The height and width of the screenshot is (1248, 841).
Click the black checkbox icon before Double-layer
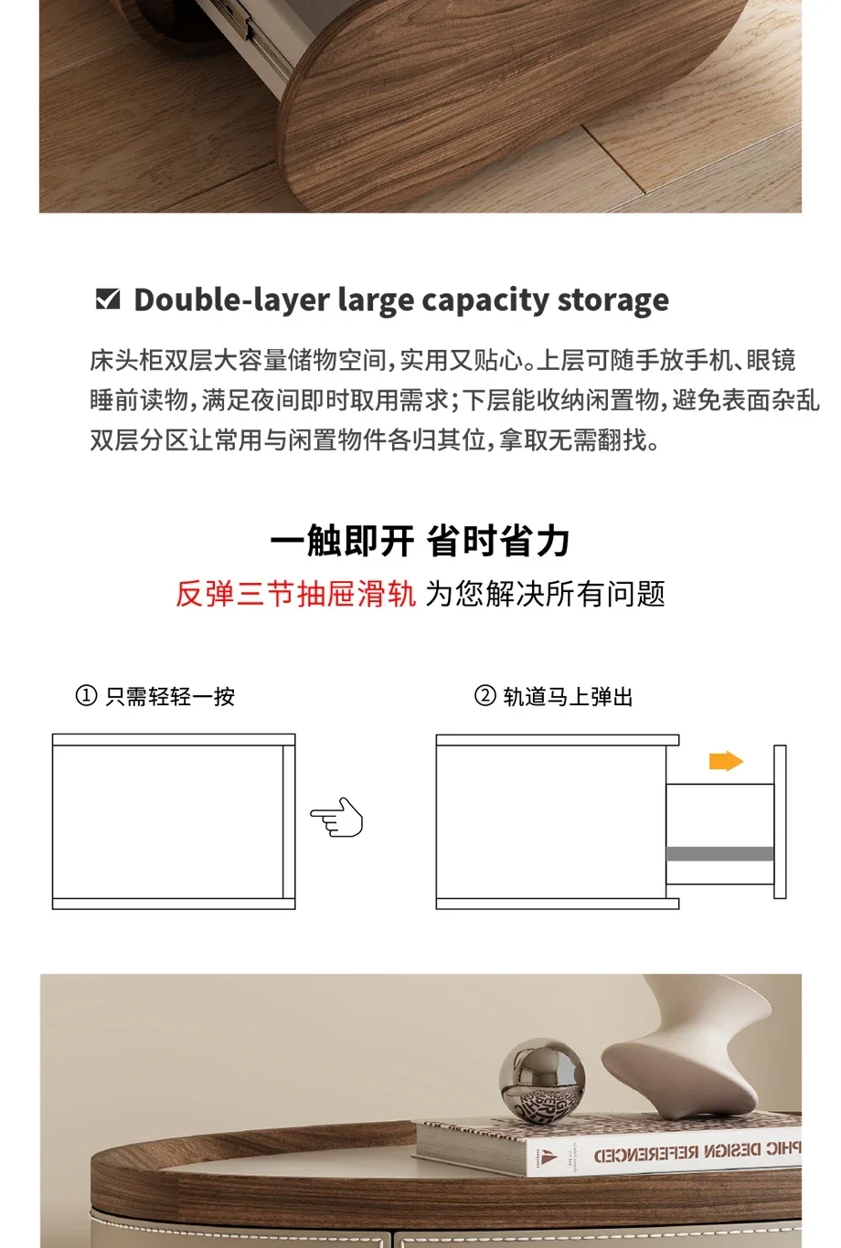tap(108, 299)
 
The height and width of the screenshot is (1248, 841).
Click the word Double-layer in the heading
tap(232, 301)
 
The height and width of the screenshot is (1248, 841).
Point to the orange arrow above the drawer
tap(726, 761)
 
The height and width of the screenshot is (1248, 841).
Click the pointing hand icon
tap(336, 818)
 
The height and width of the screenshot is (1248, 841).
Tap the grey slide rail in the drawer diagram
tap(720, 853)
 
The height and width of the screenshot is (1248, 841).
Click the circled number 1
tap(86, 696)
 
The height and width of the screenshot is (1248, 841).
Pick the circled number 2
tap(484, 696)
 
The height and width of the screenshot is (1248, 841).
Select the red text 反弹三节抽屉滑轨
tap(296, 594)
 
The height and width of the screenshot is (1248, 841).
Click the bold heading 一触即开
tap(342, 541)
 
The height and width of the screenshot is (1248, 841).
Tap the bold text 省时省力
tap(497, 541)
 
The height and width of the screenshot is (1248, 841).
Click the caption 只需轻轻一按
tap(170, 696)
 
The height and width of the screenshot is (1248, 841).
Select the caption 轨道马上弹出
tap(568, 696)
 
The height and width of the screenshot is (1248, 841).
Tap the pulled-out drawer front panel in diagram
tap(781, 821)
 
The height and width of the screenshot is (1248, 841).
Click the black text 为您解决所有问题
tap(546, 594)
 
